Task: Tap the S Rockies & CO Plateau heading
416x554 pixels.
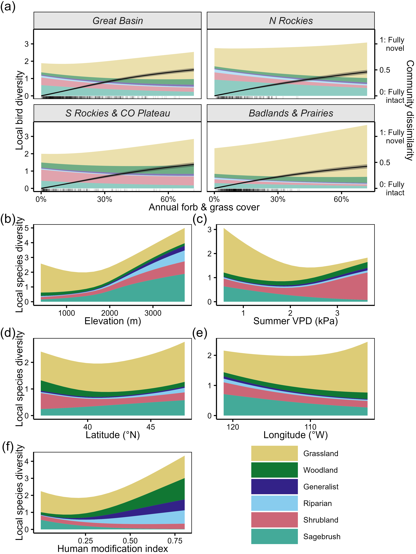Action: coord(118,113)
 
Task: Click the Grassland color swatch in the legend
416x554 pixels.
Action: coord(274,453)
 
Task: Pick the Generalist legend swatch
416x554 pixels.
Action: coord(274,487)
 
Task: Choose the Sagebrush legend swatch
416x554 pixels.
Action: coord(274,536)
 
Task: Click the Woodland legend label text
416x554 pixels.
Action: coord(320,470)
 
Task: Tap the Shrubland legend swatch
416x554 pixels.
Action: coord(274,520)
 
